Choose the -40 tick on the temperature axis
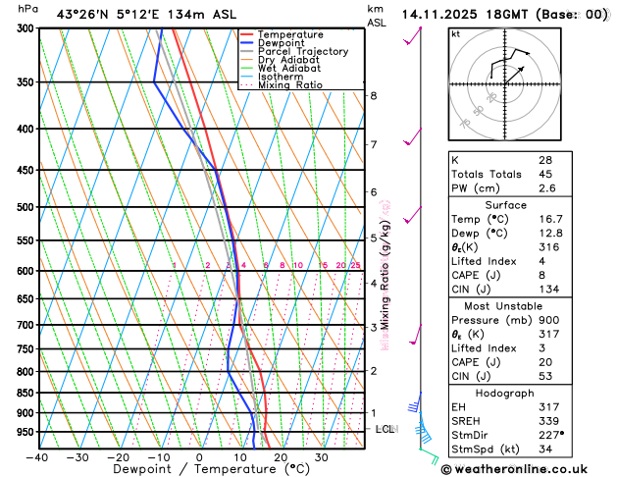coord(37,457)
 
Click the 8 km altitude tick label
coord(374,96)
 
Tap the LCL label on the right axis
coord(385,430)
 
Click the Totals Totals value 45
coord(545,175)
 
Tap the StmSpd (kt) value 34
coord(544,450)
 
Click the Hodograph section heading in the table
coord(503,393)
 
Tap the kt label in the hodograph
coord(455,34)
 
